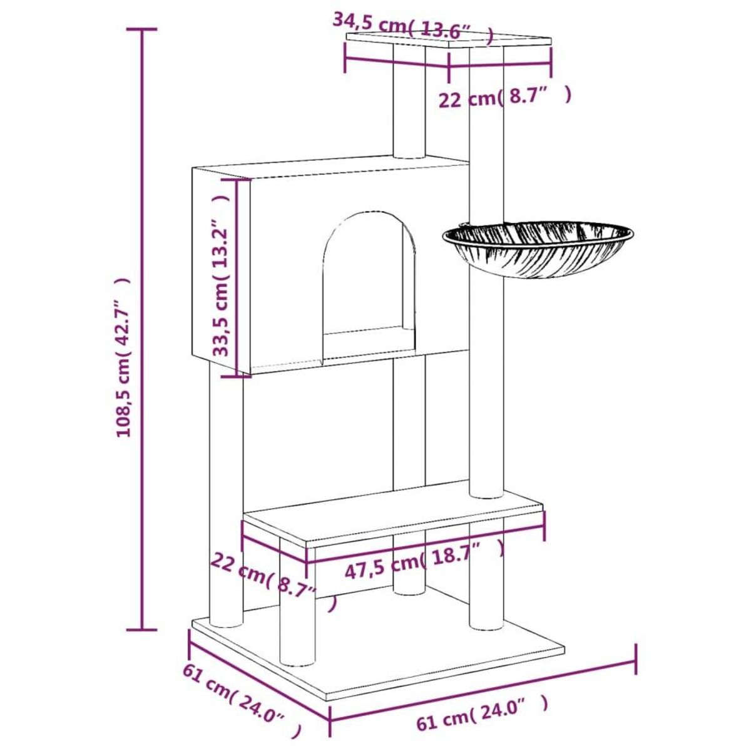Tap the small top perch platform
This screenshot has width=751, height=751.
[x=449, y=40]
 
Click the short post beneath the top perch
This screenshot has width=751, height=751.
[x=409, y=102]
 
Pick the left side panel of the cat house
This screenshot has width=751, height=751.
[x=221, y=269]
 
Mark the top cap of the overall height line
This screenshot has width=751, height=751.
[x=142, y=29]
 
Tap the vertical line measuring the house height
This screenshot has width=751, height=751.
[x=236, y=277]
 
